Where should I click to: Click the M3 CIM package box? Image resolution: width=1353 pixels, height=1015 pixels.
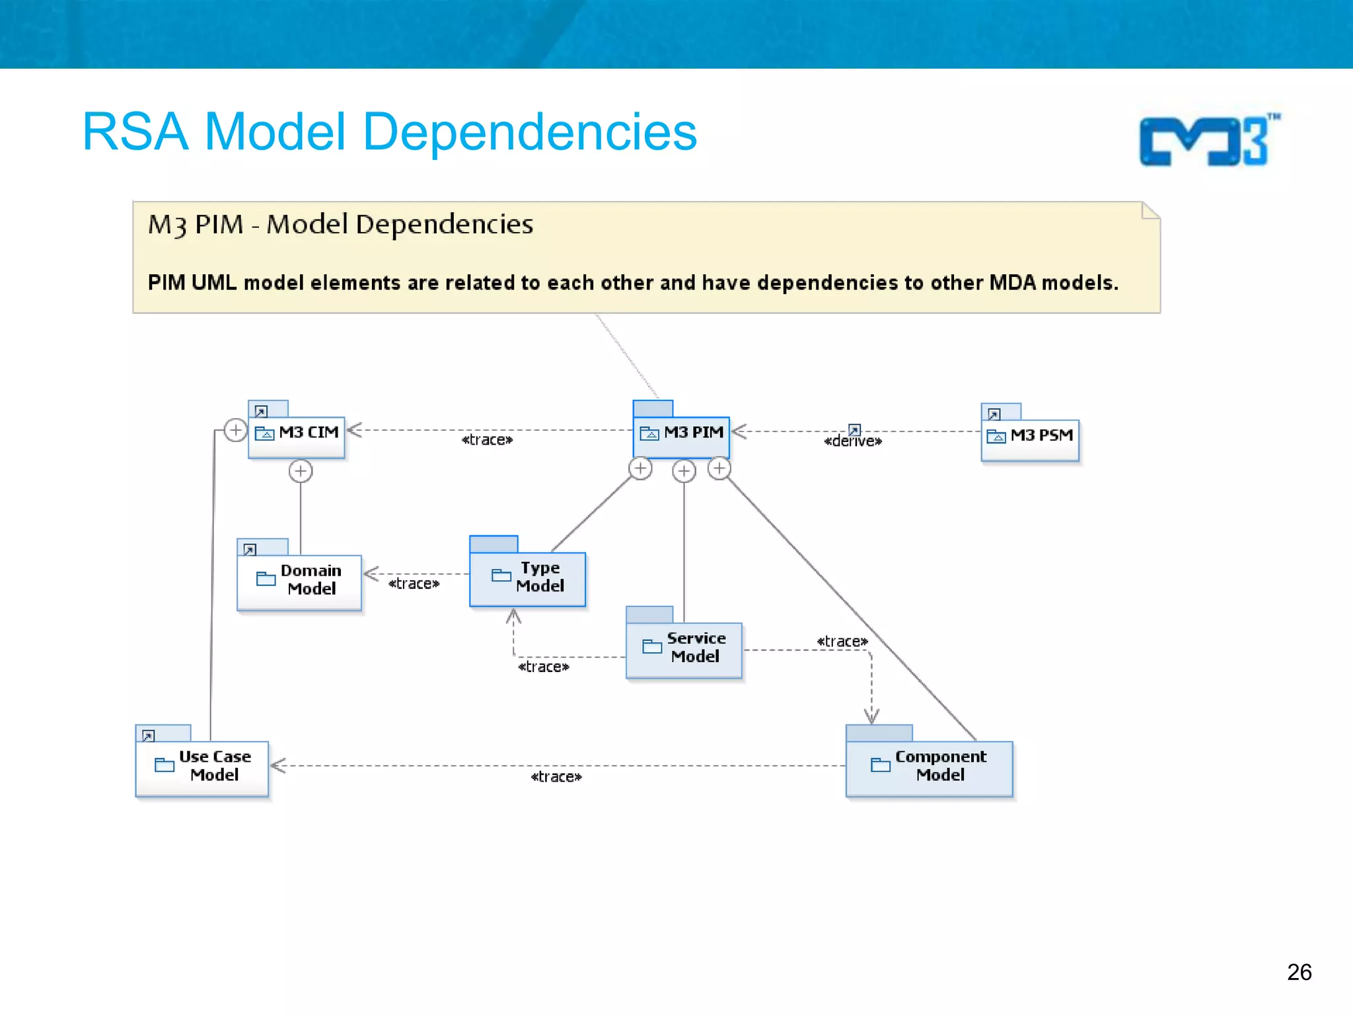pyautogui.click(x=297, y=435)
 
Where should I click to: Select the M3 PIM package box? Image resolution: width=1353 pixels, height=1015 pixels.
pyautogui.click(x=681, y=435)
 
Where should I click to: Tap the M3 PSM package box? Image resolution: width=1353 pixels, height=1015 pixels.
pyautogui.click(x=1029, y=439)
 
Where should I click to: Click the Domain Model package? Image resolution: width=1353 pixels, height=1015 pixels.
pyautogui.click(x=299, y=581)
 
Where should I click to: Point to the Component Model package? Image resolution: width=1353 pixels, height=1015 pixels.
pyautogui.click(x=928, y=767)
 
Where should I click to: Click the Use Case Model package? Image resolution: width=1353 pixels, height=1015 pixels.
pyautogui.click(x=202, y=767)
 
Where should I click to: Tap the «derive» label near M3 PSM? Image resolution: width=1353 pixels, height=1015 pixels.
pyautogui.click(x=852, y=441)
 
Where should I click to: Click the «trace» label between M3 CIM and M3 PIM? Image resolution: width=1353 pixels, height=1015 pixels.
pyautogui.click(x=487, y=440)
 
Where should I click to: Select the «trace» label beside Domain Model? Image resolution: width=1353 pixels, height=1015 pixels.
pyautogui.click(x=414, y=583)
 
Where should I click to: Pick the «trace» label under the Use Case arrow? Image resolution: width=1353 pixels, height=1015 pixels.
pyautogui.click(x=556, y=777)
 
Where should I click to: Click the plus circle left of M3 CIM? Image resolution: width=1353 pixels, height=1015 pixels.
pyautogui.click(x=235, y=430)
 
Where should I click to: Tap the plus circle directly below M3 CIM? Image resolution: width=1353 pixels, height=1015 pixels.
pyautogui.click(x=301, y=471)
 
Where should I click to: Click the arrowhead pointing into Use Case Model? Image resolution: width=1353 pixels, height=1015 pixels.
pyautogui.click(x=277, y=766)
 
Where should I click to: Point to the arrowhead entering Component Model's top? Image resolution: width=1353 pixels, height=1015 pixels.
pyautogui.click(x=871, y=717)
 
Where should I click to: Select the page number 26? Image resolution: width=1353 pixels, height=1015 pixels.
pyautogui.click(x=1299, y=972)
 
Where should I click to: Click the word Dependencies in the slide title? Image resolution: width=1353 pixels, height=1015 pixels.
pyautogui.click(x=530, y=132)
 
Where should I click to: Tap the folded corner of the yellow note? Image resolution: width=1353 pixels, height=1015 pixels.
pyautogui.click(x=1150, y=211)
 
